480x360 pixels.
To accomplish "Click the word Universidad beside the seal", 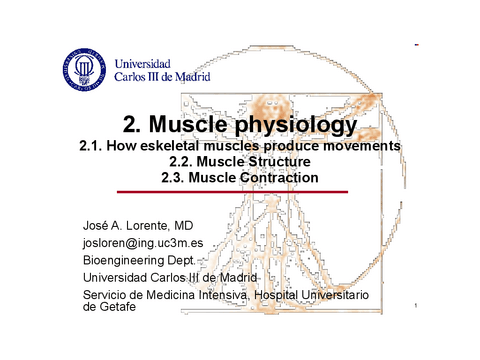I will point(142,61).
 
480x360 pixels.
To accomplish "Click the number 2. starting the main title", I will point(132,126).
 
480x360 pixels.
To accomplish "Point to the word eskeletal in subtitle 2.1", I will point(189,147).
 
